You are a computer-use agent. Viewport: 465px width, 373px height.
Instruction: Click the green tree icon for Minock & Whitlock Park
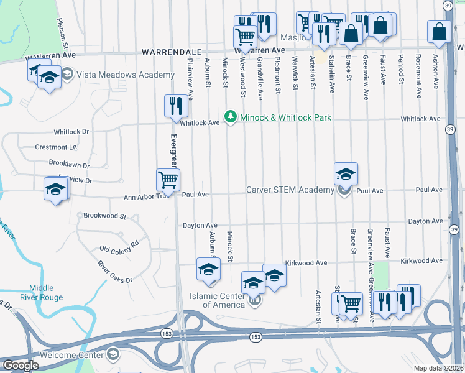pos(231,117)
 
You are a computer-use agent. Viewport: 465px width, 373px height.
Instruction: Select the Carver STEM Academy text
pos(290,190)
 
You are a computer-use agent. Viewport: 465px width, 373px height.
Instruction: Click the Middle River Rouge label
pos(55,292)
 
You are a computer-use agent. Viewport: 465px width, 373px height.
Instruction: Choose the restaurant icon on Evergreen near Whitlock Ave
pos(176,106)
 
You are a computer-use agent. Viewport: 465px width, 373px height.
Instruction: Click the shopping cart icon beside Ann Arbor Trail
pos(168,180)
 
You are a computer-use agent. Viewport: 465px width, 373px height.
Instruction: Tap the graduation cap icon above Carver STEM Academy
pos(346,173)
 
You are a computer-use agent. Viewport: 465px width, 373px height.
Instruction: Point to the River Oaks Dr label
pos(114,272)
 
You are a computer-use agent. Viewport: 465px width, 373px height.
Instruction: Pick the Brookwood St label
pos(104,217)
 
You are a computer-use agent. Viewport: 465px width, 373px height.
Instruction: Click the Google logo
pos(21,366)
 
